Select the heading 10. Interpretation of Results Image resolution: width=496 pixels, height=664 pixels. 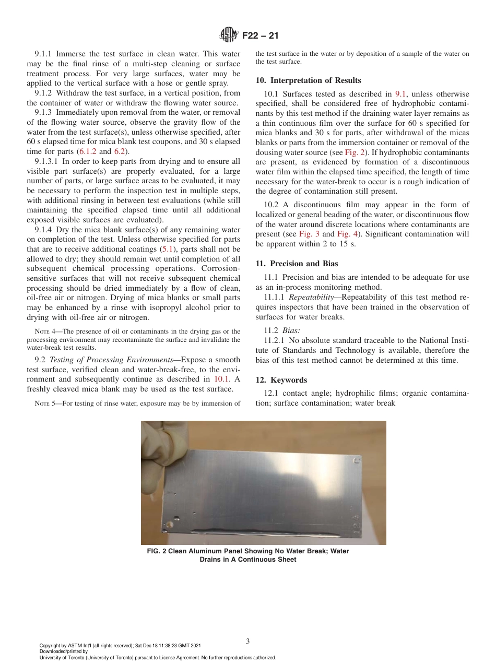point(308,80)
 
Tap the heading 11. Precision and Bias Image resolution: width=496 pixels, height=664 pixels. point(297,264)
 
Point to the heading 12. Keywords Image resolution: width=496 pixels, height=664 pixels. point(281,380)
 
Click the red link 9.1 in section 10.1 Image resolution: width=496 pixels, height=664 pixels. point(400,94)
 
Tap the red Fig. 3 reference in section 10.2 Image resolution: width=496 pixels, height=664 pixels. point(309,234)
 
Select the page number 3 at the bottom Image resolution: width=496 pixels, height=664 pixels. point(247,641)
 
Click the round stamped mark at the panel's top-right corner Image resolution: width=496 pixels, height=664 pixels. point(357,461)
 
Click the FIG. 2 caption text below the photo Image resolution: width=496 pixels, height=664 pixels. point(248,555)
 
